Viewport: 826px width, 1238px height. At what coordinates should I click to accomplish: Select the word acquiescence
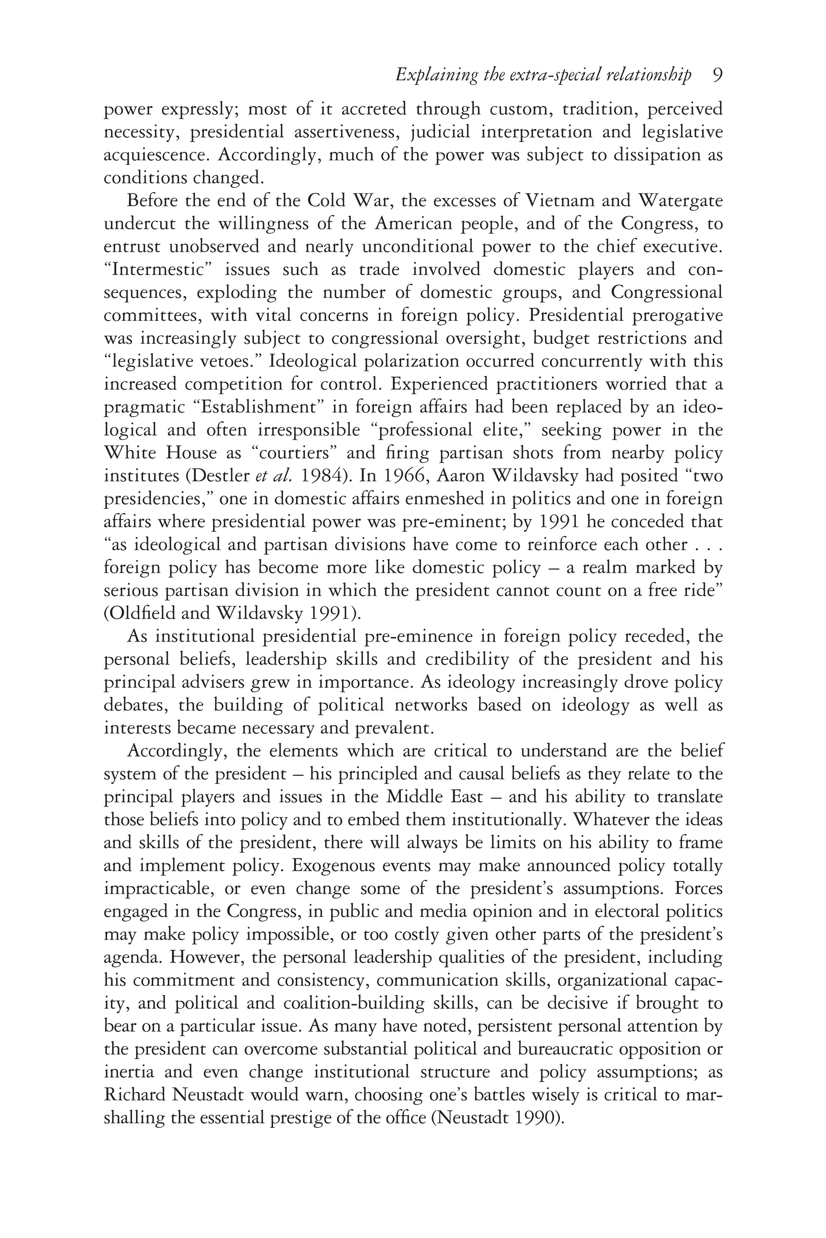(156, 155)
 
